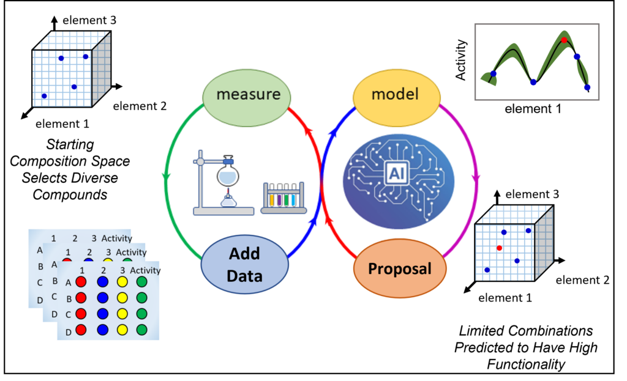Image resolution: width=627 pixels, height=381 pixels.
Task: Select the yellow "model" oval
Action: [x=396, y=95]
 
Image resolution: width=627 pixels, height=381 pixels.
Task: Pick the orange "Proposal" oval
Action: [x=399, y=268]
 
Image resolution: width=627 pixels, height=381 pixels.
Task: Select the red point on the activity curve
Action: [x=564, y=40]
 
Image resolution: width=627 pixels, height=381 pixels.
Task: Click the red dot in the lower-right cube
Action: [x=500, y=248]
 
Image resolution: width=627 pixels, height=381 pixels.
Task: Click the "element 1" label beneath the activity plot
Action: [x=533, y=109]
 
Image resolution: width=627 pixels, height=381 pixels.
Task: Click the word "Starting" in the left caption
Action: [x=69, y=145]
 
